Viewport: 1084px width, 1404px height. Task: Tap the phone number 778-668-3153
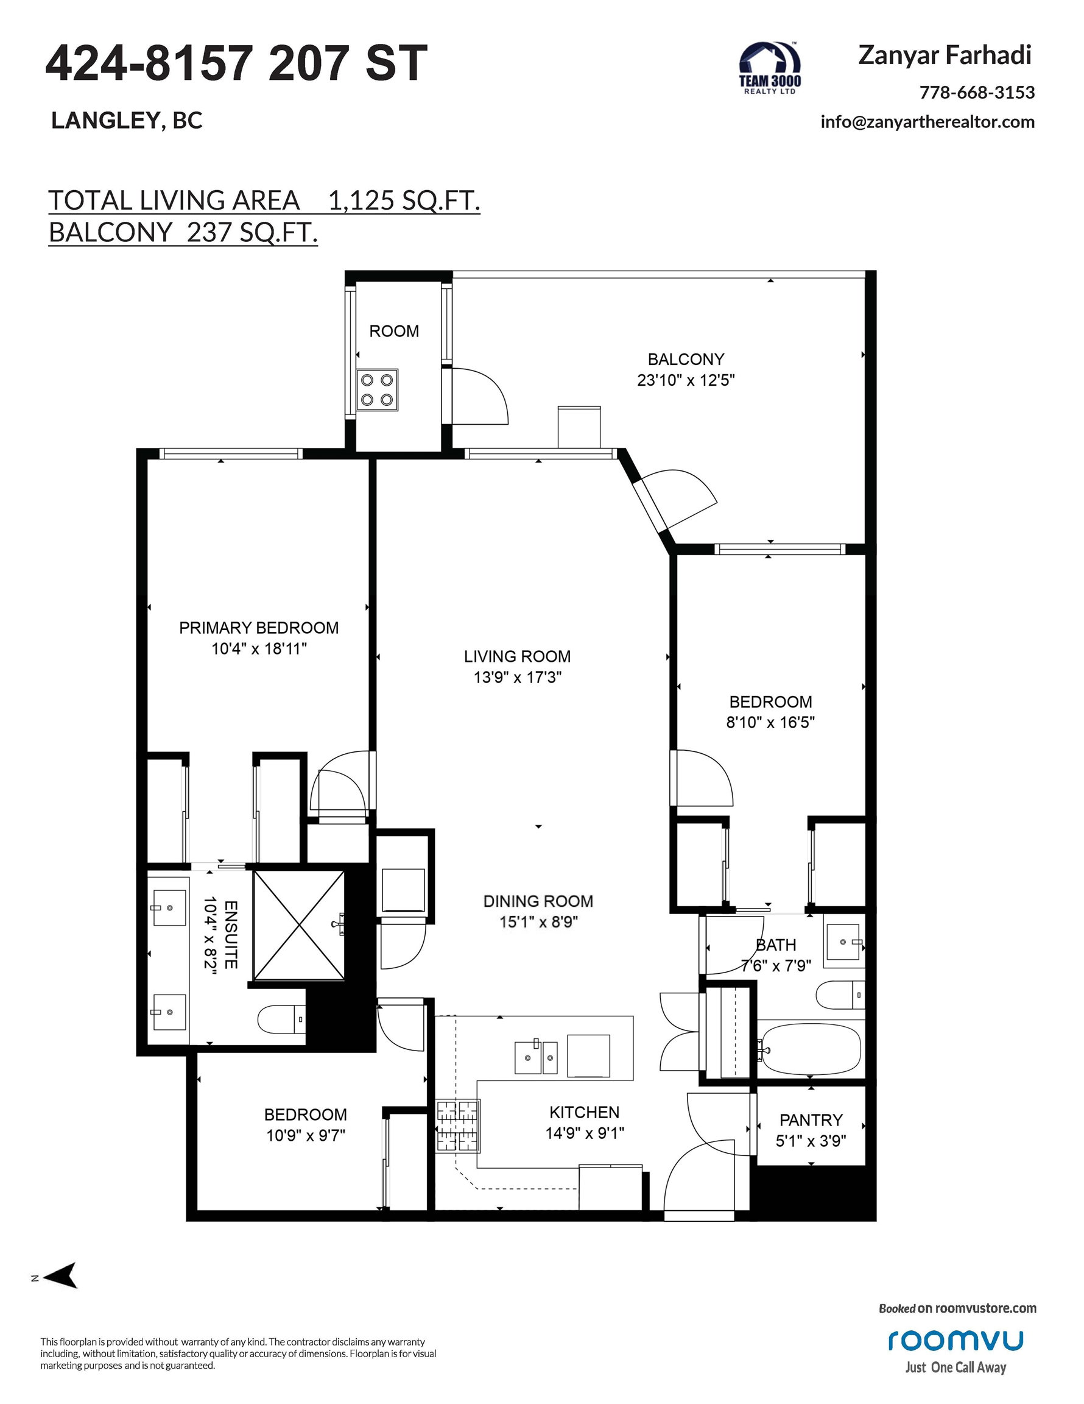click(x=977, y=93)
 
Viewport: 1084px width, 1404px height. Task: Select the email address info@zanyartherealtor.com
click(x=927, y=121)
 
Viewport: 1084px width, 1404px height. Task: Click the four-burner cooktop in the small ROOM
click(x=377, y=389)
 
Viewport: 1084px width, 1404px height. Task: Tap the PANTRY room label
click(x=811, y=1121)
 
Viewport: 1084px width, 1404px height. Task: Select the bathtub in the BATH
click(x=809, y=1049)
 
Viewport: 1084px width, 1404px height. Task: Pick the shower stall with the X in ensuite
click(x=299, y=925)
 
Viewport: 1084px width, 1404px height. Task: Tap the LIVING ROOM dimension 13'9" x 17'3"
click(x=518, y=677)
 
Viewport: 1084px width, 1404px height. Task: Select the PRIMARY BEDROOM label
click(x=259, y=628)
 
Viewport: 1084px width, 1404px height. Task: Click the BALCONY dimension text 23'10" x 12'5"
click(x=686, y=380)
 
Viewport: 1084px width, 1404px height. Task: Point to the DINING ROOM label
click(x=538, y=901)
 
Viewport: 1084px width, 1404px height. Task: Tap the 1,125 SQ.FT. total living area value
click(x=404, y=200)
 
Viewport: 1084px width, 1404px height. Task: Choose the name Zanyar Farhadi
click(x=945, y=56)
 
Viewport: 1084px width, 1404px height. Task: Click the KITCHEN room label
click(x=584, y=1112)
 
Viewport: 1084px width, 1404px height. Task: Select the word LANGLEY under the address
click(x=105, y=121)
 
